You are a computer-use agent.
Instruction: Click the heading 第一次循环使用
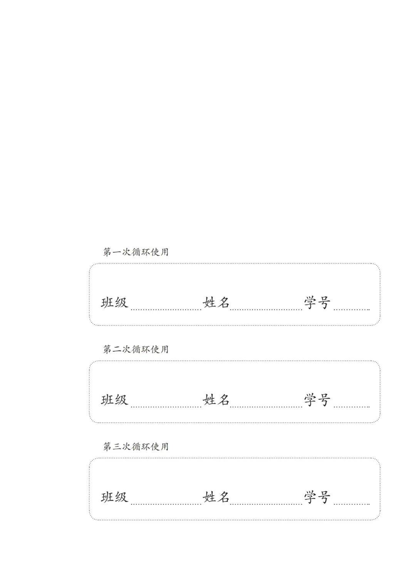tap(136, 252)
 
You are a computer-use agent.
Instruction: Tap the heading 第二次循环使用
tap(136, 349)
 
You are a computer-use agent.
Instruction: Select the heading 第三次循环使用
tap(136, 446)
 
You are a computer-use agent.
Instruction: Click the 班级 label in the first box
tap(114, 303)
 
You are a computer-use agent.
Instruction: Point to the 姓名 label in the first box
tap(216, 303)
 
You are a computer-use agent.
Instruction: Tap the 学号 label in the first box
tap(317, 303)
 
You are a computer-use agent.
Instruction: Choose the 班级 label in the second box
tap(114, 400)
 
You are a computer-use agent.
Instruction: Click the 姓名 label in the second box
tap(216, 400)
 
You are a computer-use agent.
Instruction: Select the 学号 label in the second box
tap(317, 400)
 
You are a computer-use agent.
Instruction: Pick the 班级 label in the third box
tap(114, 497)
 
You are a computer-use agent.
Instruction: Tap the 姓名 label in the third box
tap(216, 497)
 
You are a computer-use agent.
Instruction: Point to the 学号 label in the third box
tap(317, 497)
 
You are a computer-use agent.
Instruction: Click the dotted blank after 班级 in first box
tap(166, 310)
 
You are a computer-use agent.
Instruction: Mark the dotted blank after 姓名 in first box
tap(266, 310)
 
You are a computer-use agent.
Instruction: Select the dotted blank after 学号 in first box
tap(352, 310)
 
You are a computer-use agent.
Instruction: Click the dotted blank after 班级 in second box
tap(166, 407)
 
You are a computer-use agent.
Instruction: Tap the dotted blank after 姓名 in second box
tap(266, 407)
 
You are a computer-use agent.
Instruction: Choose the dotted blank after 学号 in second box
tap(352, 407)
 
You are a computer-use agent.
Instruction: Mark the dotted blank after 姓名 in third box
tap(266, 504)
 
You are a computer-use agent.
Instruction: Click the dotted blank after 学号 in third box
tap(352, 504)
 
